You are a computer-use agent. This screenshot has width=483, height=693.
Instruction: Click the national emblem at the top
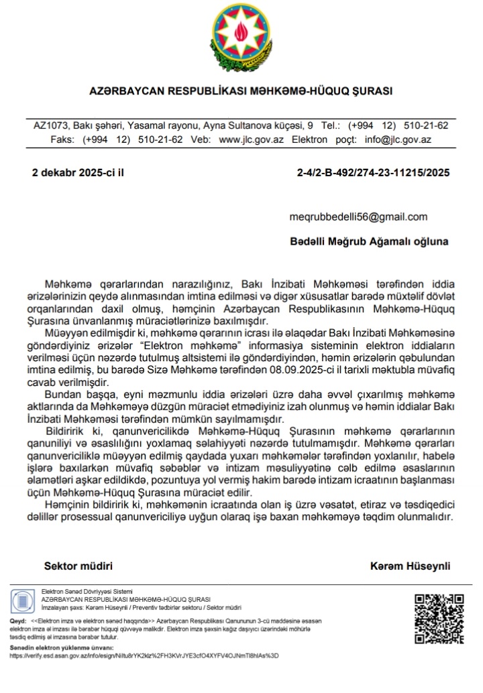[241, 37]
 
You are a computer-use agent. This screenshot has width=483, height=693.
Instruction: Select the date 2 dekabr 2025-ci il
[78, 172]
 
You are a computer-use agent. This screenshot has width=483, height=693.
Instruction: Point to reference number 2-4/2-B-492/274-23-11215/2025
[373, 172]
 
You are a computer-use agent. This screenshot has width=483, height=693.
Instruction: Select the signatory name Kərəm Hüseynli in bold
[411, 566]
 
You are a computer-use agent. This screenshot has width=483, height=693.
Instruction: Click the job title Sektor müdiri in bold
[78, 566]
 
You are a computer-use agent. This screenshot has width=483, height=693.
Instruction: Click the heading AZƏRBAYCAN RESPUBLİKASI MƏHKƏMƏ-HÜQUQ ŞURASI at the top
[241, 90]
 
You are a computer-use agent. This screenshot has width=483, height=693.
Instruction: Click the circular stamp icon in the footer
[23, 600]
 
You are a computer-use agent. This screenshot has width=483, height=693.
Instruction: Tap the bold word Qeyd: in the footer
[17, 622]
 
